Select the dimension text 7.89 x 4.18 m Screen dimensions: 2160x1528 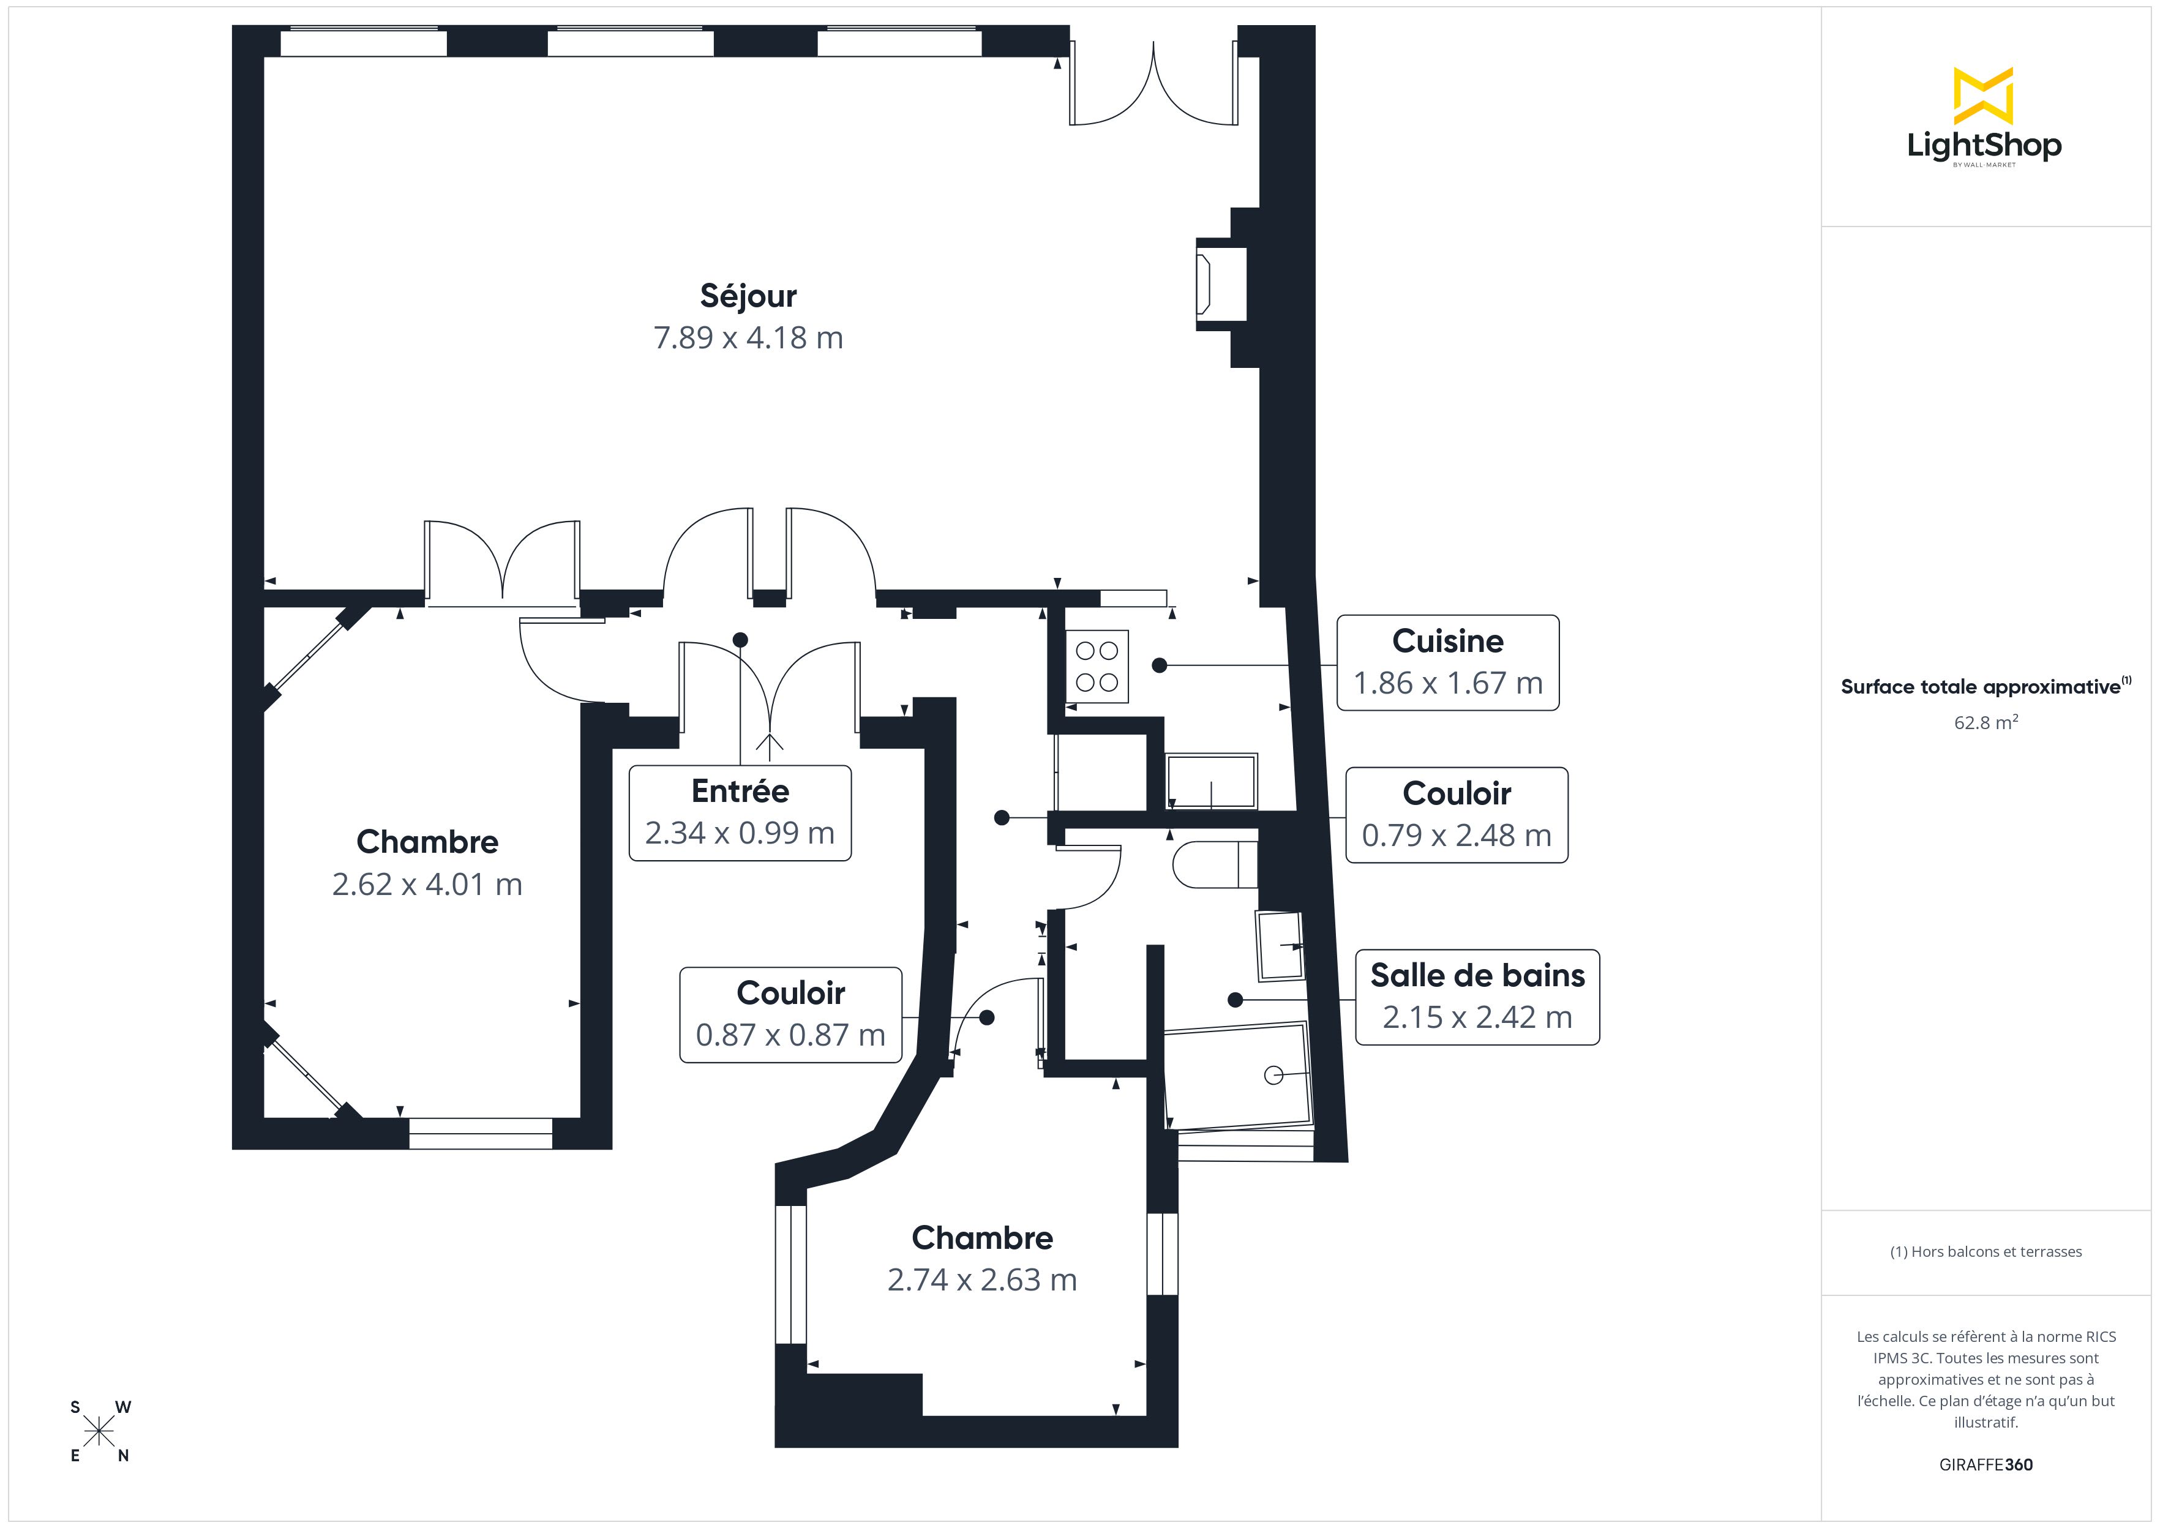(748, 338)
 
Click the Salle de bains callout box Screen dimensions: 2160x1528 (1477, 997)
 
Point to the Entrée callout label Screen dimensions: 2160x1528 (740, 813)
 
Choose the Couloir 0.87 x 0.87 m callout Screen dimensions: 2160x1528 (790, 1015)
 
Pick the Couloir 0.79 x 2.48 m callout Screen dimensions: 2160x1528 (1457, 815)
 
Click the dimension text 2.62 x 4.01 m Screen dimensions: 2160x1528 (427, 885)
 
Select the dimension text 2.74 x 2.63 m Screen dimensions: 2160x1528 (982, 1279)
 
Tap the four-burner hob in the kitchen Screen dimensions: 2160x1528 (1097, 666)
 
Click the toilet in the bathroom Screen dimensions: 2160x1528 (1215, 864)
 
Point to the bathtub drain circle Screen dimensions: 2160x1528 (1274, 1074)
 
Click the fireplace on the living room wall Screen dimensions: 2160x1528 (1221, 284)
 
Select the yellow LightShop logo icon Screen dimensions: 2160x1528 (1983, 96)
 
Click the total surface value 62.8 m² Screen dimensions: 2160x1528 (1986, 722)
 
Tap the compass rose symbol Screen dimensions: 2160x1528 (99, 1432)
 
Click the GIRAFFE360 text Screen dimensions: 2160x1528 (1986, 1465)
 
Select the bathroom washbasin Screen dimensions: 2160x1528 (1280, 945)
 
